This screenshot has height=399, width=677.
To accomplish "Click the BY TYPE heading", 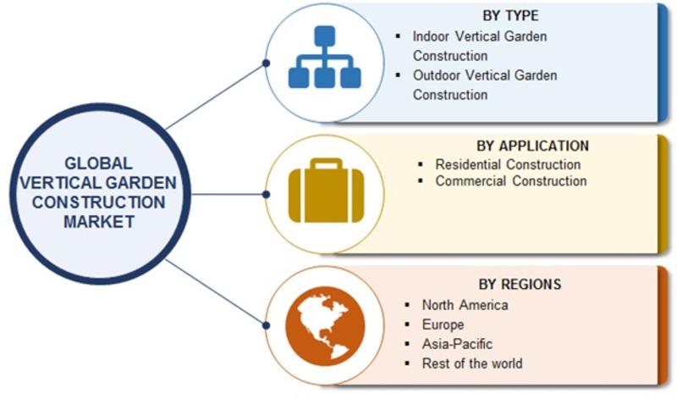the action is tap(510, 16).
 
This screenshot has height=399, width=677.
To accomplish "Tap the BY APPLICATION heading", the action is tap(532, 146).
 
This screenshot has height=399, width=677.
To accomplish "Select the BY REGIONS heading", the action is tap(520, 284).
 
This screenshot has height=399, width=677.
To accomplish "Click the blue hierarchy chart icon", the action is tap(325, 57).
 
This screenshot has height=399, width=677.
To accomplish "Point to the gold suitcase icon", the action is tap(326, 191).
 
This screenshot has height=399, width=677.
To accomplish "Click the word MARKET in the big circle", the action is tap(99, 222).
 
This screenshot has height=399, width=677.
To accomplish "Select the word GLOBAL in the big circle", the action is tap(98, 163).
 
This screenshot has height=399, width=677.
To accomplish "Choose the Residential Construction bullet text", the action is tap(508, 164).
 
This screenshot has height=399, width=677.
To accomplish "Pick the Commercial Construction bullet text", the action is tap(511, 180).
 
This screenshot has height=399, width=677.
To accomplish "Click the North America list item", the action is tap(465, 305).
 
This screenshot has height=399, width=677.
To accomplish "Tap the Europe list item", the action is tap(443, 324).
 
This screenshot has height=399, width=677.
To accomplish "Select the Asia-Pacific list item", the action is tap(457, 344).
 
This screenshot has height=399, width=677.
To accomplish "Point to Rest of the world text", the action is tap(472, 363).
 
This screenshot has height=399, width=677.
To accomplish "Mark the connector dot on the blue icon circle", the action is tap(267, 64).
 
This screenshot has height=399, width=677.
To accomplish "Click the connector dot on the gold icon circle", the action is tap(266, 195).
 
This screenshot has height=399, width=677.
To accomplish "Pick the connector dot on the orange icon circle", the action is tap(267, 325).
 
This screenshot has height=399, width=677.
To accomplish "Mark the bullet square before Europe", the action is tap(407, 324).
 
